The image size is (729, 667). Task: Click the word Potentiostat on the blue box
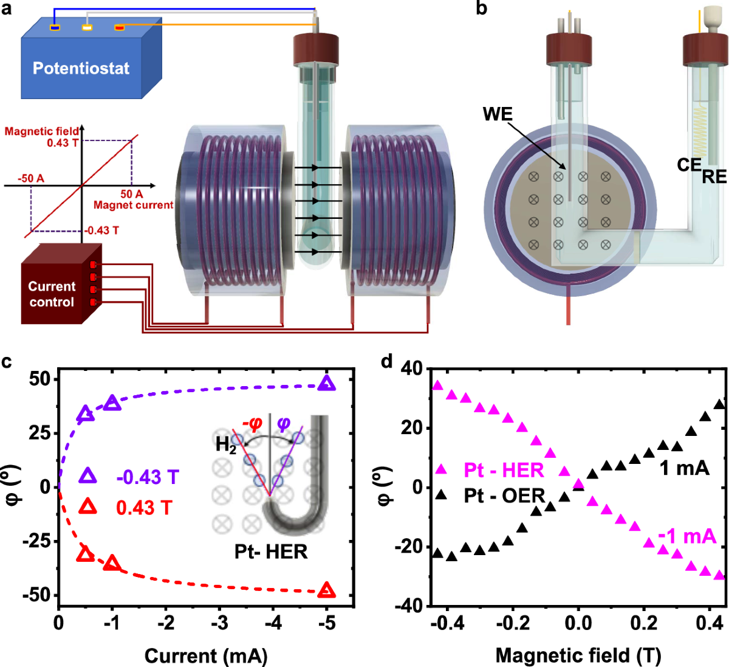click(x=81, y=68)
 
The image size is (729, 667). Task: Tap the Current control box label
click(x=52, y=294)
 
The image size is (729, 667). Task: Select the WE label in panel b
click(x=498, y=114)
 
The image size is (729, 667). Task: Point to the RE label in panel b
click(x=714, y=177)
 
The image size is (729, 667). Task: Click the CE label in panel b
click(x=690, y=164)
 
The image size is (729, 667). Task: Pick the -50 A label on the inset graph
click(x=30, y=179)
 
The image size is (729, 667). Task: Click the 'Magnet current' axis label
click(x=133, y=206)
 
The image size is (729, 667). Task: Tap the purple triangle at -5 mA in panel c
click(x=327, y=383)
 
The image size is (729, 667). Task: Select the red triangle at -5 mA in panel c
click(x=327, y=590)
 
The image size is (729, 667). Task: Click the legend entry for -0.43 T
click(x=147, y=477)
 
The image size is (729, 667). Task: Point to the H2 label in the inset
click(x=226, y=445)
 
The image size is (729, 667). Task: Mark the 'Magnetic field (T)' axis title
click(x=578, y=655)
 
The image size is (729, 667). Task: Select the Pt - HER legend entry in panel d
click(x=504, y=470)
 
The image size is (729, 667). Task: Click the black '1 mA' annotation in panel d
click(x=684, y=468)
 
